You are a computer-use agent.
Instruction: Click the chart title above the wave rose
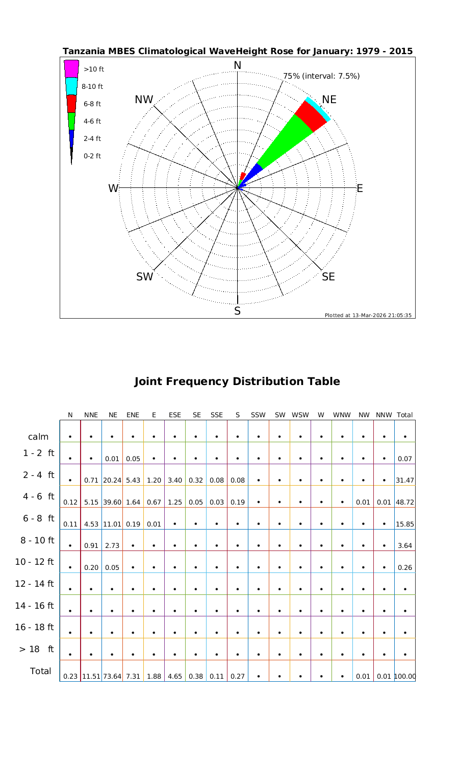[x=237, y=52]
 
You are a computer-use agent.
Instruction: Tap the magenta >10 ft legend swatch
[x=71, y=68]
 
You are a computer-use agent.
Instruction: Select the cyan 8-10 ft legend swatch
[x=71, y=86]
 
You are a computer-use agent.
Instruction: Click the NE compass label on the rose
[x=329, y=100]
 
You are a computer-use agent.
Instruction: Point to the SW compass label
[x=145, y=277]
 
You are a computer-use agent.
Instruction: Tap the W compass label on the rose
[x=113, y=188]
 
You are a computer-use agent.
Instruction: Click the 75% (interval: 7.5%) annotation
[x=321, y=76]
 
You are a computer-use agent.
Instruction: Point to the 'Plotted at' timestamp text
[x=368, y=315]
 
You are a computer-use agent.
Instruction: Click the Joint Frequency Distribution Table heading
[x=237, y=381]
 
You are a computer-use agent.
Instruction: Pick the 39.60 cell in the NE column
[x=112, y=502]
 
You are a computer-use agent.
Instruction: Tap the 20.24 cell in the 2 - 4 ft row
[x=112, y=480]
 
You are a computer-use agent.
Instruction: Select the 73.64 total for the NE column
[x=112, y=676]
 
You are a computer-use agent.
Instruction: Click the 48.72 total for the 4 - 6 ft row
[x=404, y=502]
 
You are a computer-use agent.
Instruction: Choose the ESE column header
[x=174, y=415]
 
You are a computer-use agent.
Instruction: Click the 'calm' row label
[x=38, y=437]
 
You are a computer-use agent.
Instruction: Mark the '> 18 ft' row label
[x=36, y=649]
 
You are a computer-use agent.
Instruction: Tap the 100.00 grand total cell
[x=404, y=676]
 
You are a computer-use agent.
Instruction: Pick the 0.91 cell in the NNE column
[x=91, y=545]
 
